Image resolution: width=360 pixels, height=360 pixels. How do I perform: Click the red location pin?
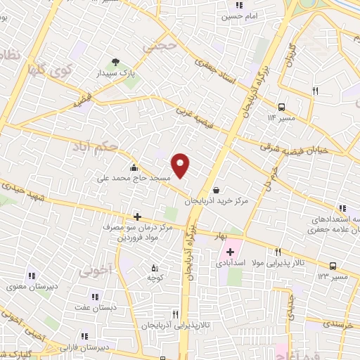point(181,165)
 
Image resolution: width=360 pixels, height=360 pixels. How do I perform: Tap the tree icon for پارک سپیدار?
point(115,61)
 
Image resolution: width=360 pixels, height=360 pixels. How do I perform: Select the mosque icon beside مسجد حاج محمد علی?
point(134,167)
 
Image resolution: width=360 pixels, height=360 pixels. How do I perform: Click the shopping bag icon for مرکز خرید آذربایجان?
point(215,189)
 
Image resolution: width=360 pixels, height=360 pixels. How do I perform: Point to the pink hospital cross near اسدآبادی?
point(230,251)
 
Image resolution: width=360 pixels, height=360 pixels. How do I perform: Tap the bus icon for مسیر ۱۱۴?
point(282,107)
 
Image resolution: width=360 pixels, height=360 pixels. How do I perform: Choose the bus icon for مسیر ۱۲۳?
point(333,266)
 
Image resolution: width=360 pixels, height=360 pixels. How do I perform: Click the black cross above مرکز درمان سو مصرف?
point(137,217)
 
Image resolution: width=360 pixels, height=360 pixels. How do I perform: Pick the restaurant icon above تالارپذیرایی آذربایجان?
point(176,314)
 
